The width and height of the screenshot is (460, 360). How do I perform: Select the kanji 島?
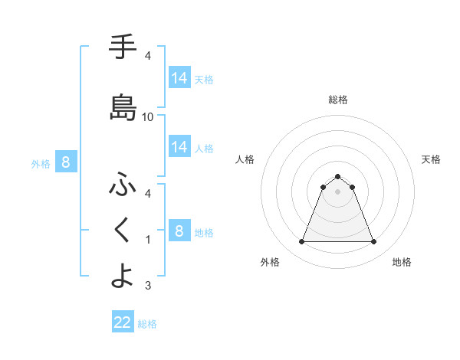click(x=123, y=107)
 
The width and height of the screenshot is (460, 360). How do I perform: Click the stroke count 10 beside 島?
click(x=148, y=116)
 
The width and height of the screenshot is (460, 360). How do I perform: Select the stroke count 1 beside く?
click(x=148, y=240)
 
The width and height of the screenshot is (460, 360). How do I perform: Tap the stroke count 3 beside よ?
click(x=148, y=286)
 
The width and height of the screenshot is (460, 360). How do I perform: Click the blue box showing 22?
click(x=123, y=322)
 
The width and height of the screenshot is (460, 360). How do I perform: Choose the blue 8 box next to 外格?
click(x=66, y=162)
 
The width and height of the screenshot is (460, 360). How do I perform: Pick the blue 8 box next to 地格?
click(x=179, y=231)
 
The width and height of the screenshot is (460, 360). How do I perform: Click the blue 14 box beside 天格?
click(x=179, y=77)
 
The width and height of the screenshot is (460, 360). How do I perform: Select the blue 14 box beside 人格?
click(x=179, y=146)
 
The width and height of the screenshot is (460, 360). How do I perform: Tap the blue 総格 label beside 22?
click(x=148, y=324)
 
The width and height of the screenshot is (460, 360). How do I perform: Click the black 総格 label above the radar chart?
click(x=338, y=100)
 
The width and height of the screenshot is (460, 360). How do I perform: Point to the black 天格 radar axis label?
click(x=432, y=159)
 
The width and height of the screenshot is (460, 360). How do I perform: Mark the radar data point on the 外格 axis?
click(x=301, y=242)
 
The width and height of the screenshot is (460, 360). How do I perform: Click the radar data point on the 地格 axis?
click(x=374, y=242)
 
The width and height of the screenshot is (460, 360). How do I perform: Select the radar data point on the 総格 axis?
click(x=338, y=176)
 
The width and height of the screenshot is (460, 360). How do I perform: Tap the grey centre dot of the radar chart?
click(x=338, y=191)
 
